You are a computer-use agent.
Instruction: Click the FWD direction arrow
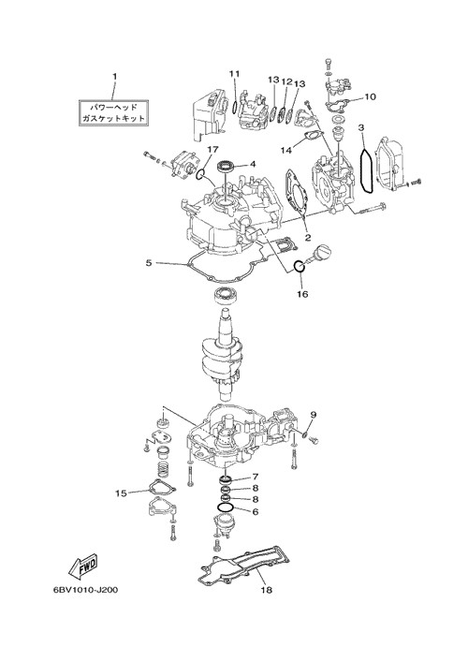click(82, 565)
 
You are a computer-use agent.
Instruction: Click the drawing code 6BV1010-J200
click(85, 590)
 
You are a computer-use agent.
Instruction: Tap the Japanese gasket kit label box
click(113, 112)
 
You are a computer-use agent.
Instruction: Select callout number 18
click(267, 590)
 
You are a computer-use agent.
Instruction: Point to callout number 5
click(149, 262)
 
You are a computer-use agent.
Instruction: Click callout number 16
click(302, 294)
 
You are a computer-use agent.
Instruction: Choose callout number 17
click(213, 150)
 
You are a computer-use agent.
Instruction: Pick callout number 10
click(371, 97)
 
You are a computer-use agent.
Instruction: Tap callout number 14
click(286, 151)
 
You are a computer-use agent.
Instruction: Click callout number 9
click(313, 414)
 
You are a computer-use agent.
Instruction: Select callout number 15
click(122, 493)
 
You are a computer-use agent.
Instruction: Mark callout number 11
click(235, 74)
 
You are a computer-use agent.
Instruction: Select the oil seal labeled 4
click(227, 167)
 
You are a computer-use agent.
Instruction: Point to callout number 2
click(308, 238)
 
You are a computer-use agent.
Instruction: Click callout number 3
click(361, 128)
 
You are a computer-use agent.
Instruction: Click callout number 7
click(256, 478)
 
